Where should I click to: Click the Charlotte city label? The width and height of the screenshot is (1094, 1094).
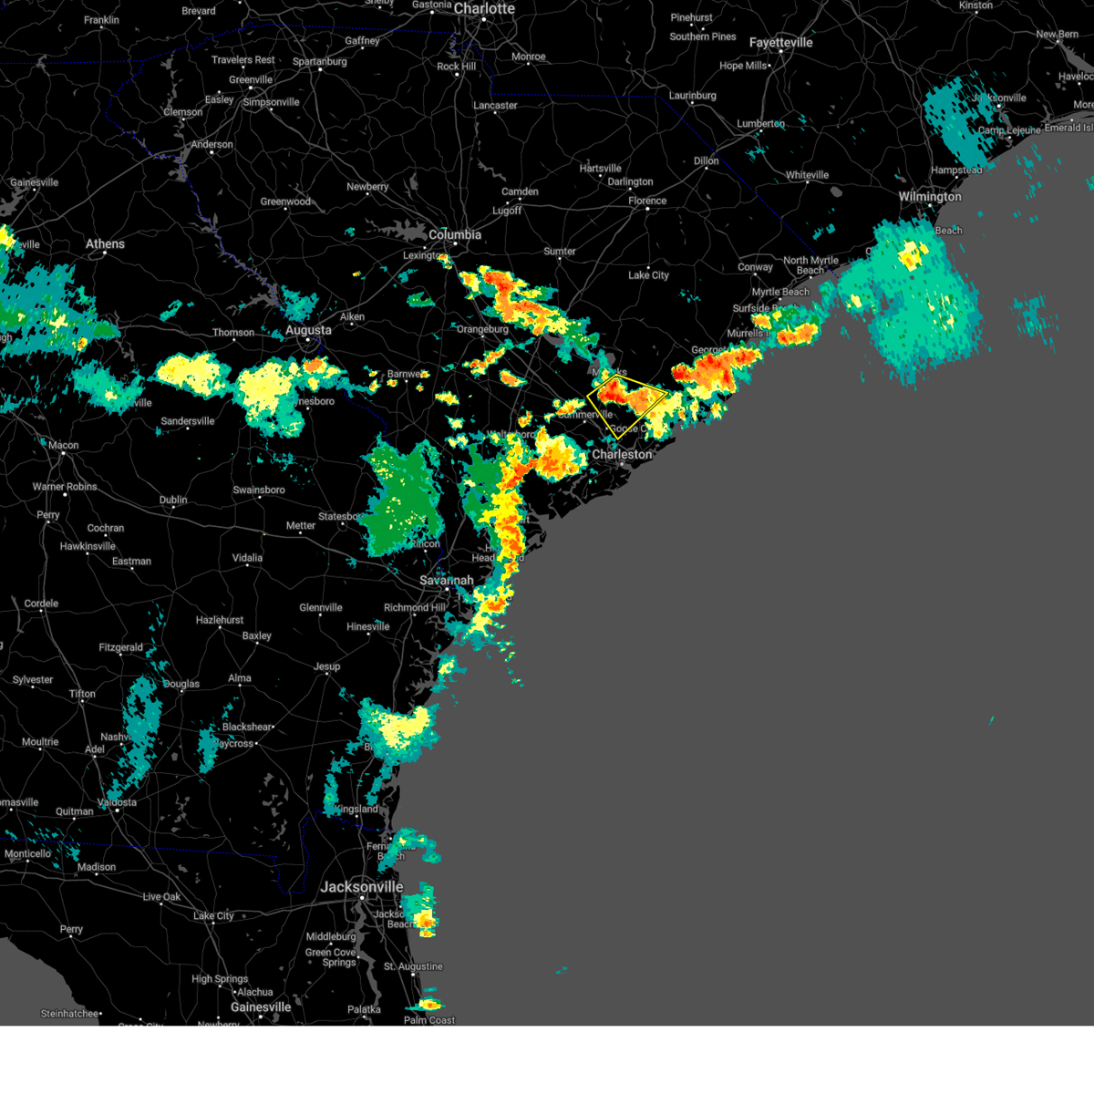coord(484,9)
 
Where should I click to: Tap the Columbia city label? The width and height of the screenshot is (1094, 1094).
coord(455,235)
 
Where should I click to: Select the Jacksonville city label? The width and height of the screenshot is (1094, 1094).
coord(362,887)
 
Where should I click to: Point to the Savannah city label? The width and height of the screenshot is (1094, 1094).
coord(446,581)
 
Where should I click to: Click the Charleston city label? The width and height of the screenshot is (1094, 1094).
coord(622,455)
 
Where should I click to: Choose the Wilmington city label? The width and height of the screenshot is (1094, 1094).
coord(930,197)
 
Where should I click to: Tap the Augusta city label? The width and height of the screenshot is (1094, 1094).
coord(308,330)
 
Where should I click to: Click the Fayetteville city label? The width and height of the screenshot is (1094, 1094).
coord(780,43)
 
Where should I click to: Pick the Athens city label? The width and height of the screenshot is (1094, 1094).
coord(105,244)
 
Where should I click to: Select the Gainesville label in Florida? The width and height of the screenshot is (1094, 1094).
coord(261,1007)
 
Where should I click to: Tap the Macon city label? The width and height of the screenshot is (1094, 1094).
coord(63,446)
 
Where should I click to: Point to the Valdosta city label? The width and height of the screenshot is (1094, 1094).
coord(117,803)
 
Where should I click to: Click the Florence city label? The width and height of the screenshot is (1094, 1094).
coord(647,201)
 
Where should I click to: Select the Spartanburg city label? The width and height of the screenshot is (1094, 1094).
coord(319,62)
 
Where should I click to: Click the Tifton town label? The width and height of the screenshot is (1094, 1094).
coord(82,694)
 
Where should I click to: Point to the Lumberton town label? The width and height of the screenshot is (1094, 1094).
coord(760,124)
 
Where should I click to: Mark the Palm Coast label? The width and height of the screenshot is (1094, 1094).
coord(429,1020)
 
